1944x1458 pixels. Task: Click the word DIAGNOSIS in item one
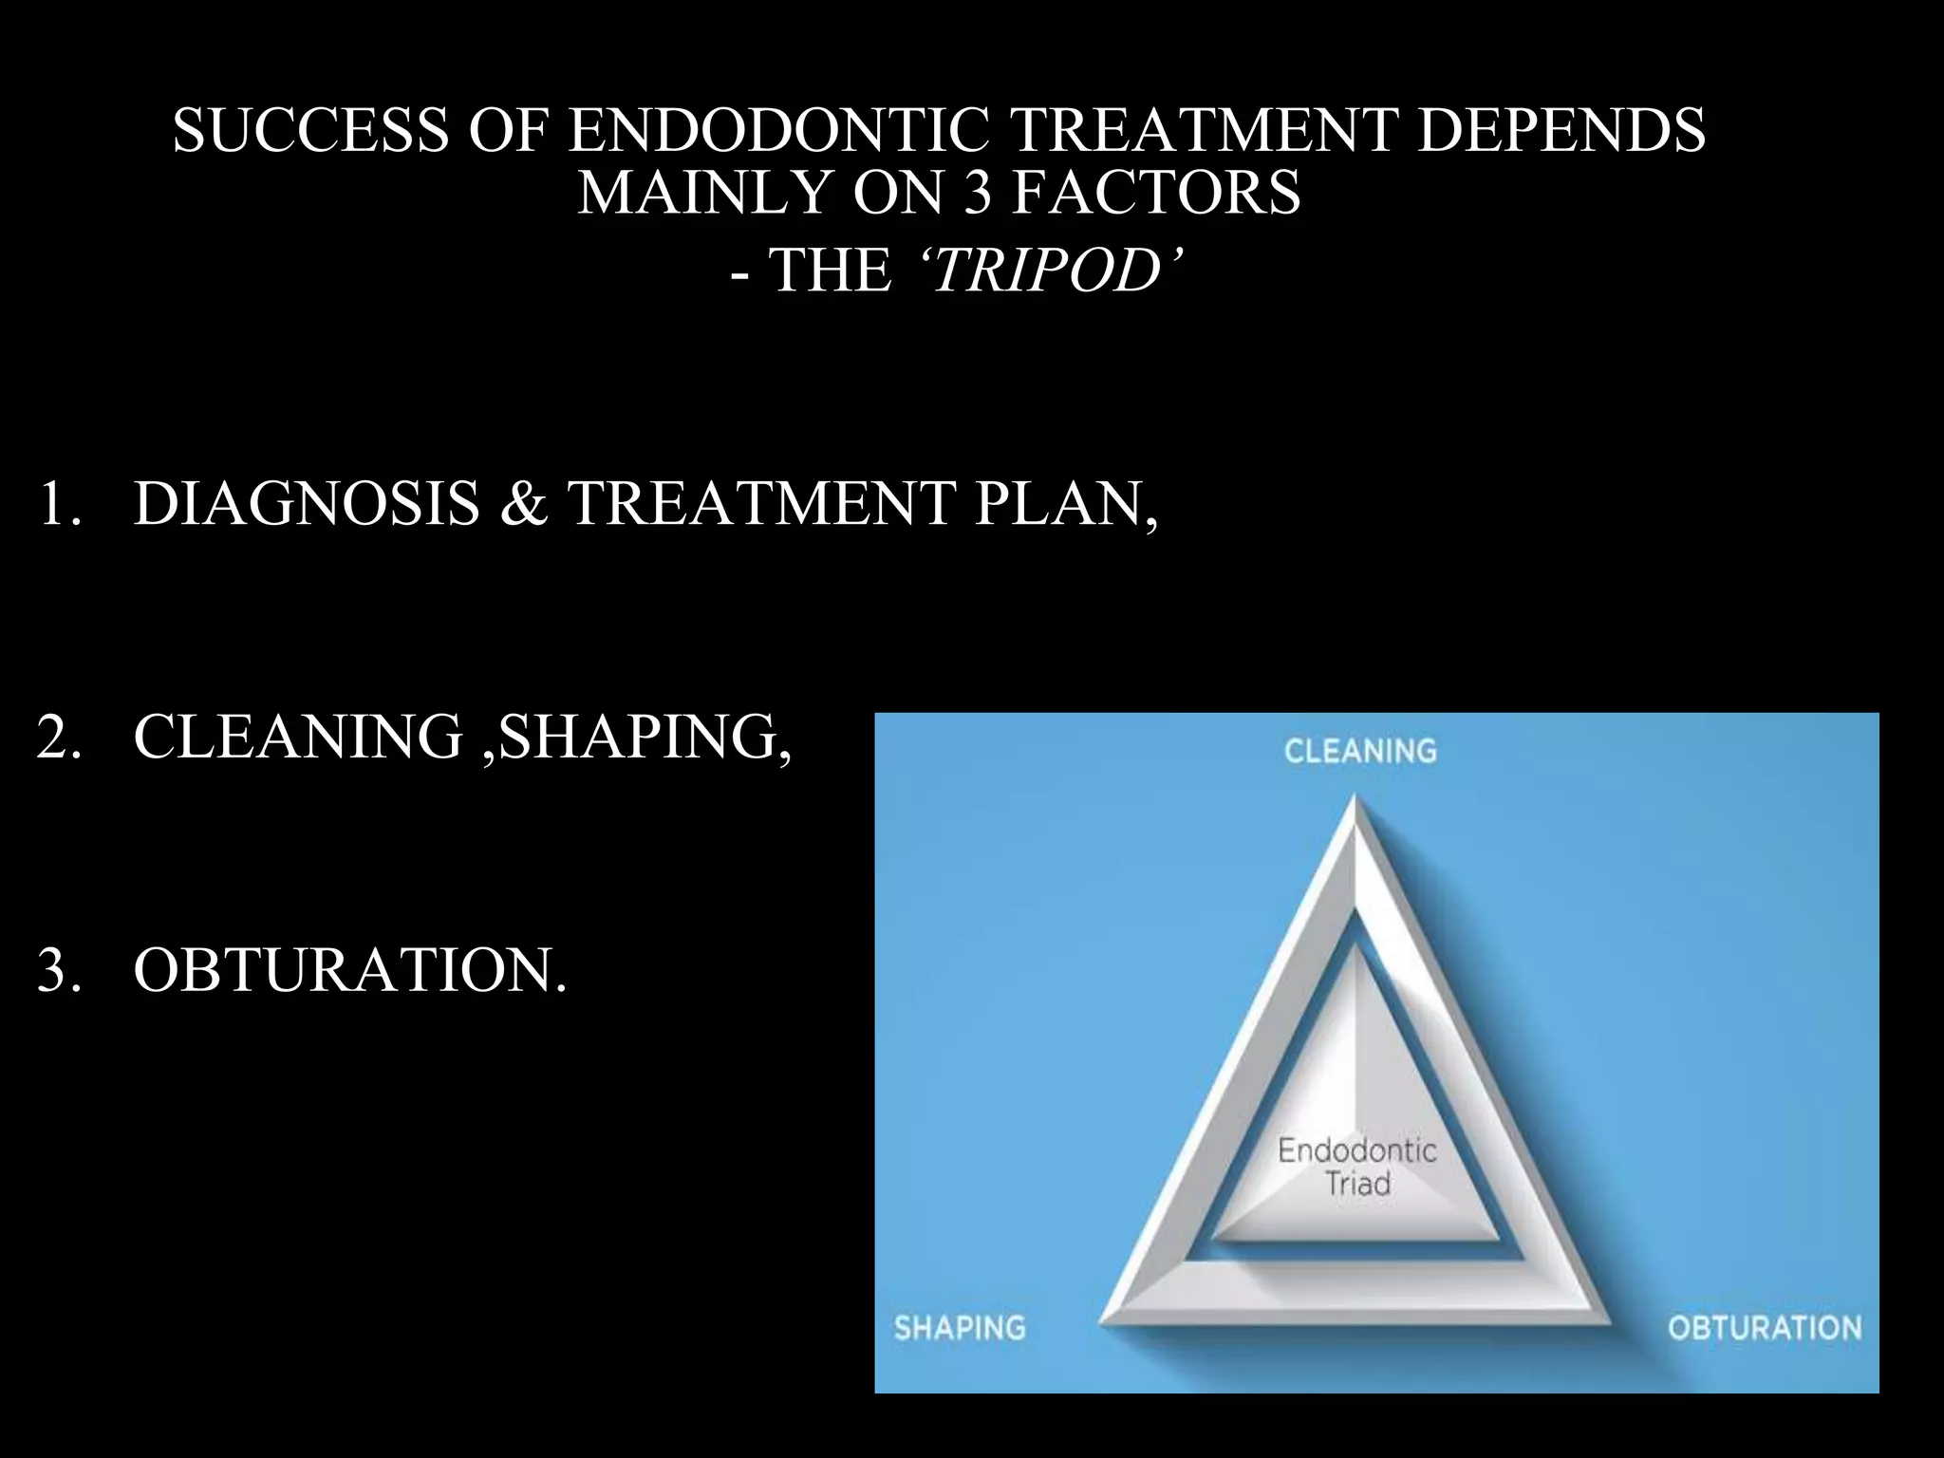306,503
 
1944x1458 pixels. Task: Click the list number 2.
55,737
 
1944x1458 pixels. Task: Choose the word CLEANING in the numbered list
298,737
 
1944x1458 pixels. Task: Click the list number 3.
55,970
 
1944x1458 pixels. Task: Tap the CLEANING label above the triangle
1359,752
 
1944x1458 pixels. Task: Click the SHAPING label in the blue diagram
960,1327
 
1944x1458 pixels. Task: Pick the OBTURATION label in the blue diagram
1764,1327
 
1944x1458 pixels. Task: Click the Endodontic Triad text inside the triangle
1357,1168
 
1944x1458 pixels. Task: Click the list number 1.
55,503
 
